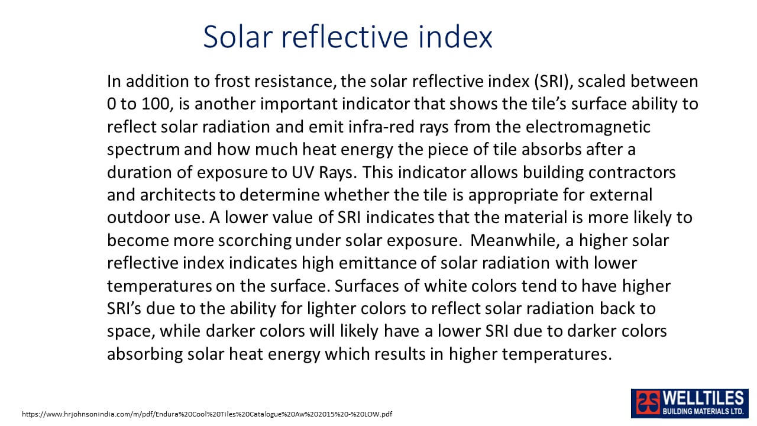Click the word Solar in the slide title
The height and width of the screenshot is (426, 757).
point(238,37)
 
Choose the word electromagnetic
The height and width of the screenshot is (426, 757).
point(588,127)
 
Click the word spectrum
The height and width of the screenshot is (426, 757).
point(143,150)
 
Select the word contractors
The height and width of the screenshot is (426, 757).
point(632,172)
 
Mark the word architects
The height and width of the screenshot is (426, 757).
point(177,195)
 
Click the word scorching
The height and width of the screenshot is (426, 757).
point(254,241)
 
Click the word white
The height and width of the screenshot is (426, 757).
point(445,286)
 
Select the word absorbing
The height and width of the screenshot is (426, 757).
point(145,354)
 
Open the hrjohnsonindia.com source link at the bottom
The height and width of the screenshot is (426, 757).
point(207,414)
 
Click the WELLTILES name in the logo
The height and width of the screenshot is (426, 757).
point(703,399)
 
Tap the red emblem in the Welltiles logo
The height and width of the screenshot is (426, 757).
point(648,403)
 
